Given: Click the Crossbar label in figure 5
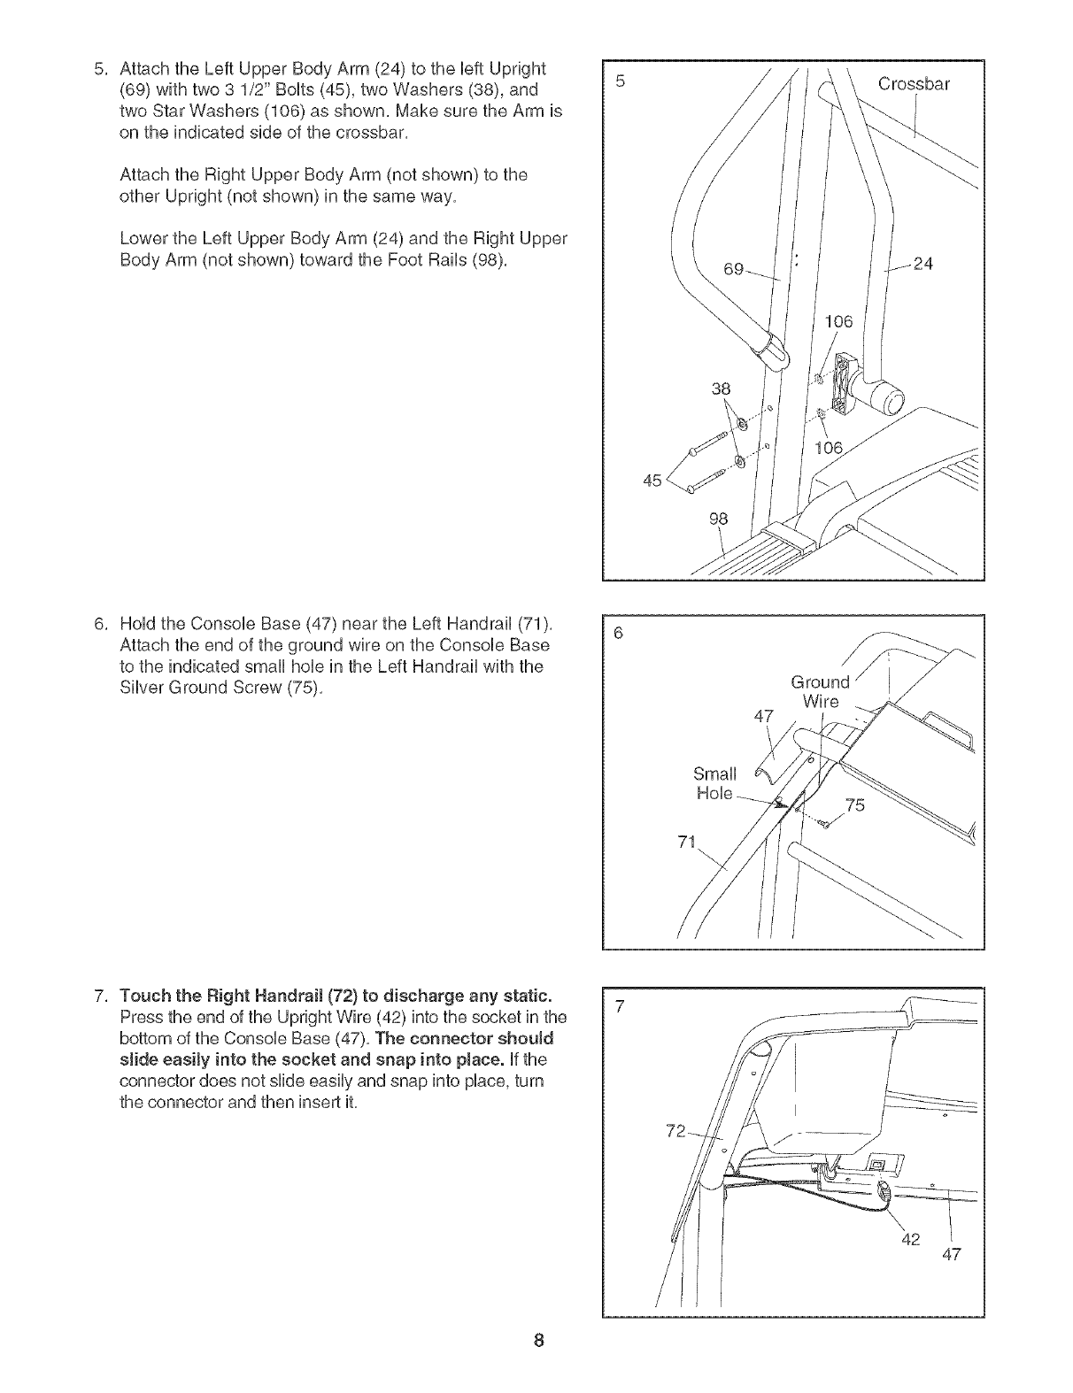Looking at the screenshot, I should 914,85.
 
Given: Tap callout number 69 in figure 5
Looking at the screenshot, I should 735,268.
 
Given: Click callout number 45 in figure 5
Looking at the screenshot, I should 653,481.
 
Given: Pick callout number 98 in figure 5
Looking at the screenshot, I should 717,519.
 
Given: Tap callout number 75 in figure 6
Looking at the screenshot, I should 855,804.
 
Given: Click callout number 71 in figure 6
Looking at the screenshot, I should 686,841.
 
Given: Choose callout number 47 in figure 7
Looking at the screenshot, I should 951,1254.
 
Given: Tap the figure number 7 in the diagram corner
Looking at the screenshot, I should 621,1005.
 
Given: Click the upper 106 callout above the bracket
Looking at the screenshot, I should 838,321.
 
